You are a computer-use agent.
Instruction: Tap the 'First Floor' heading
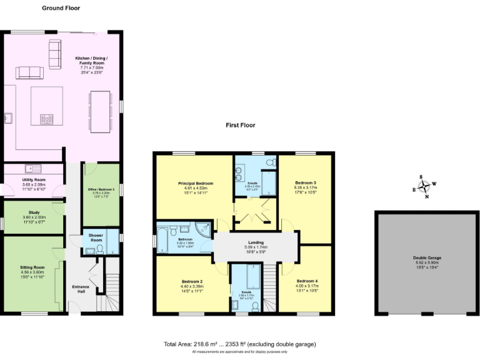coord(241,125)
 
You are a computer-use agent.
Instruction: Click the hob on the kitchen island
coord(47,118)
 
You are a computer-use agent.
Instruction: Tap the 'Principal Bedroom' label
coord(195,184)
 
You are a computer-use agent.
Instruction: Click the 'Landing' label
coord(256,242)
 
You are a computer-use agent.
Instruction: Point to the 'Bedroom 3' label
coord(306,182)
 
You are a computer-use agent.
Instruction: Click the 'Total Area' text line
coord(240,344)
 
